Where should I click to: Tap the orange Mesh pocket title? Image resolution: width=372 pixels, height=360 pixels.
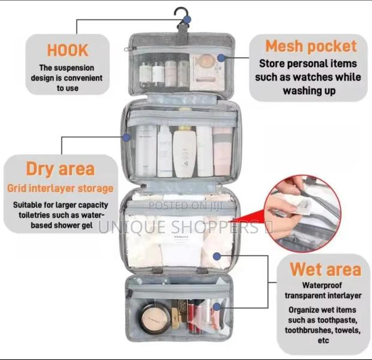(311, 46)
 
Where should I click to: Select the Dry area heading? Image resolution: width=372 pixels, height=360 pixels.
(60, 169)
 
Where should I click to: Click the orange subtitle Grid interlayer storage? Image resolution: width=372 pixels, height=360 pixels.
(61, 188)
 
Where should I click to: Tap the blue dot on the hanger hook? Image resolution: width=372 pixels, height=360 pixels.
(187, 19)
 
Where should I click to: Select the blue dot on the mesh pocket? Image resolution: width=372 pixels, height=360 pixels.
(221, 58)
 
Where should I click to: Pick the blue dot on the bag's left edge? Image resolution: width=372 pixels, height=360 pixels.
(127, 137)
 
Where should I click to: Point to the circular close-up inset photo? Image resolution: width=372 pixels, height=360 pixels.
(303, 213)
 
